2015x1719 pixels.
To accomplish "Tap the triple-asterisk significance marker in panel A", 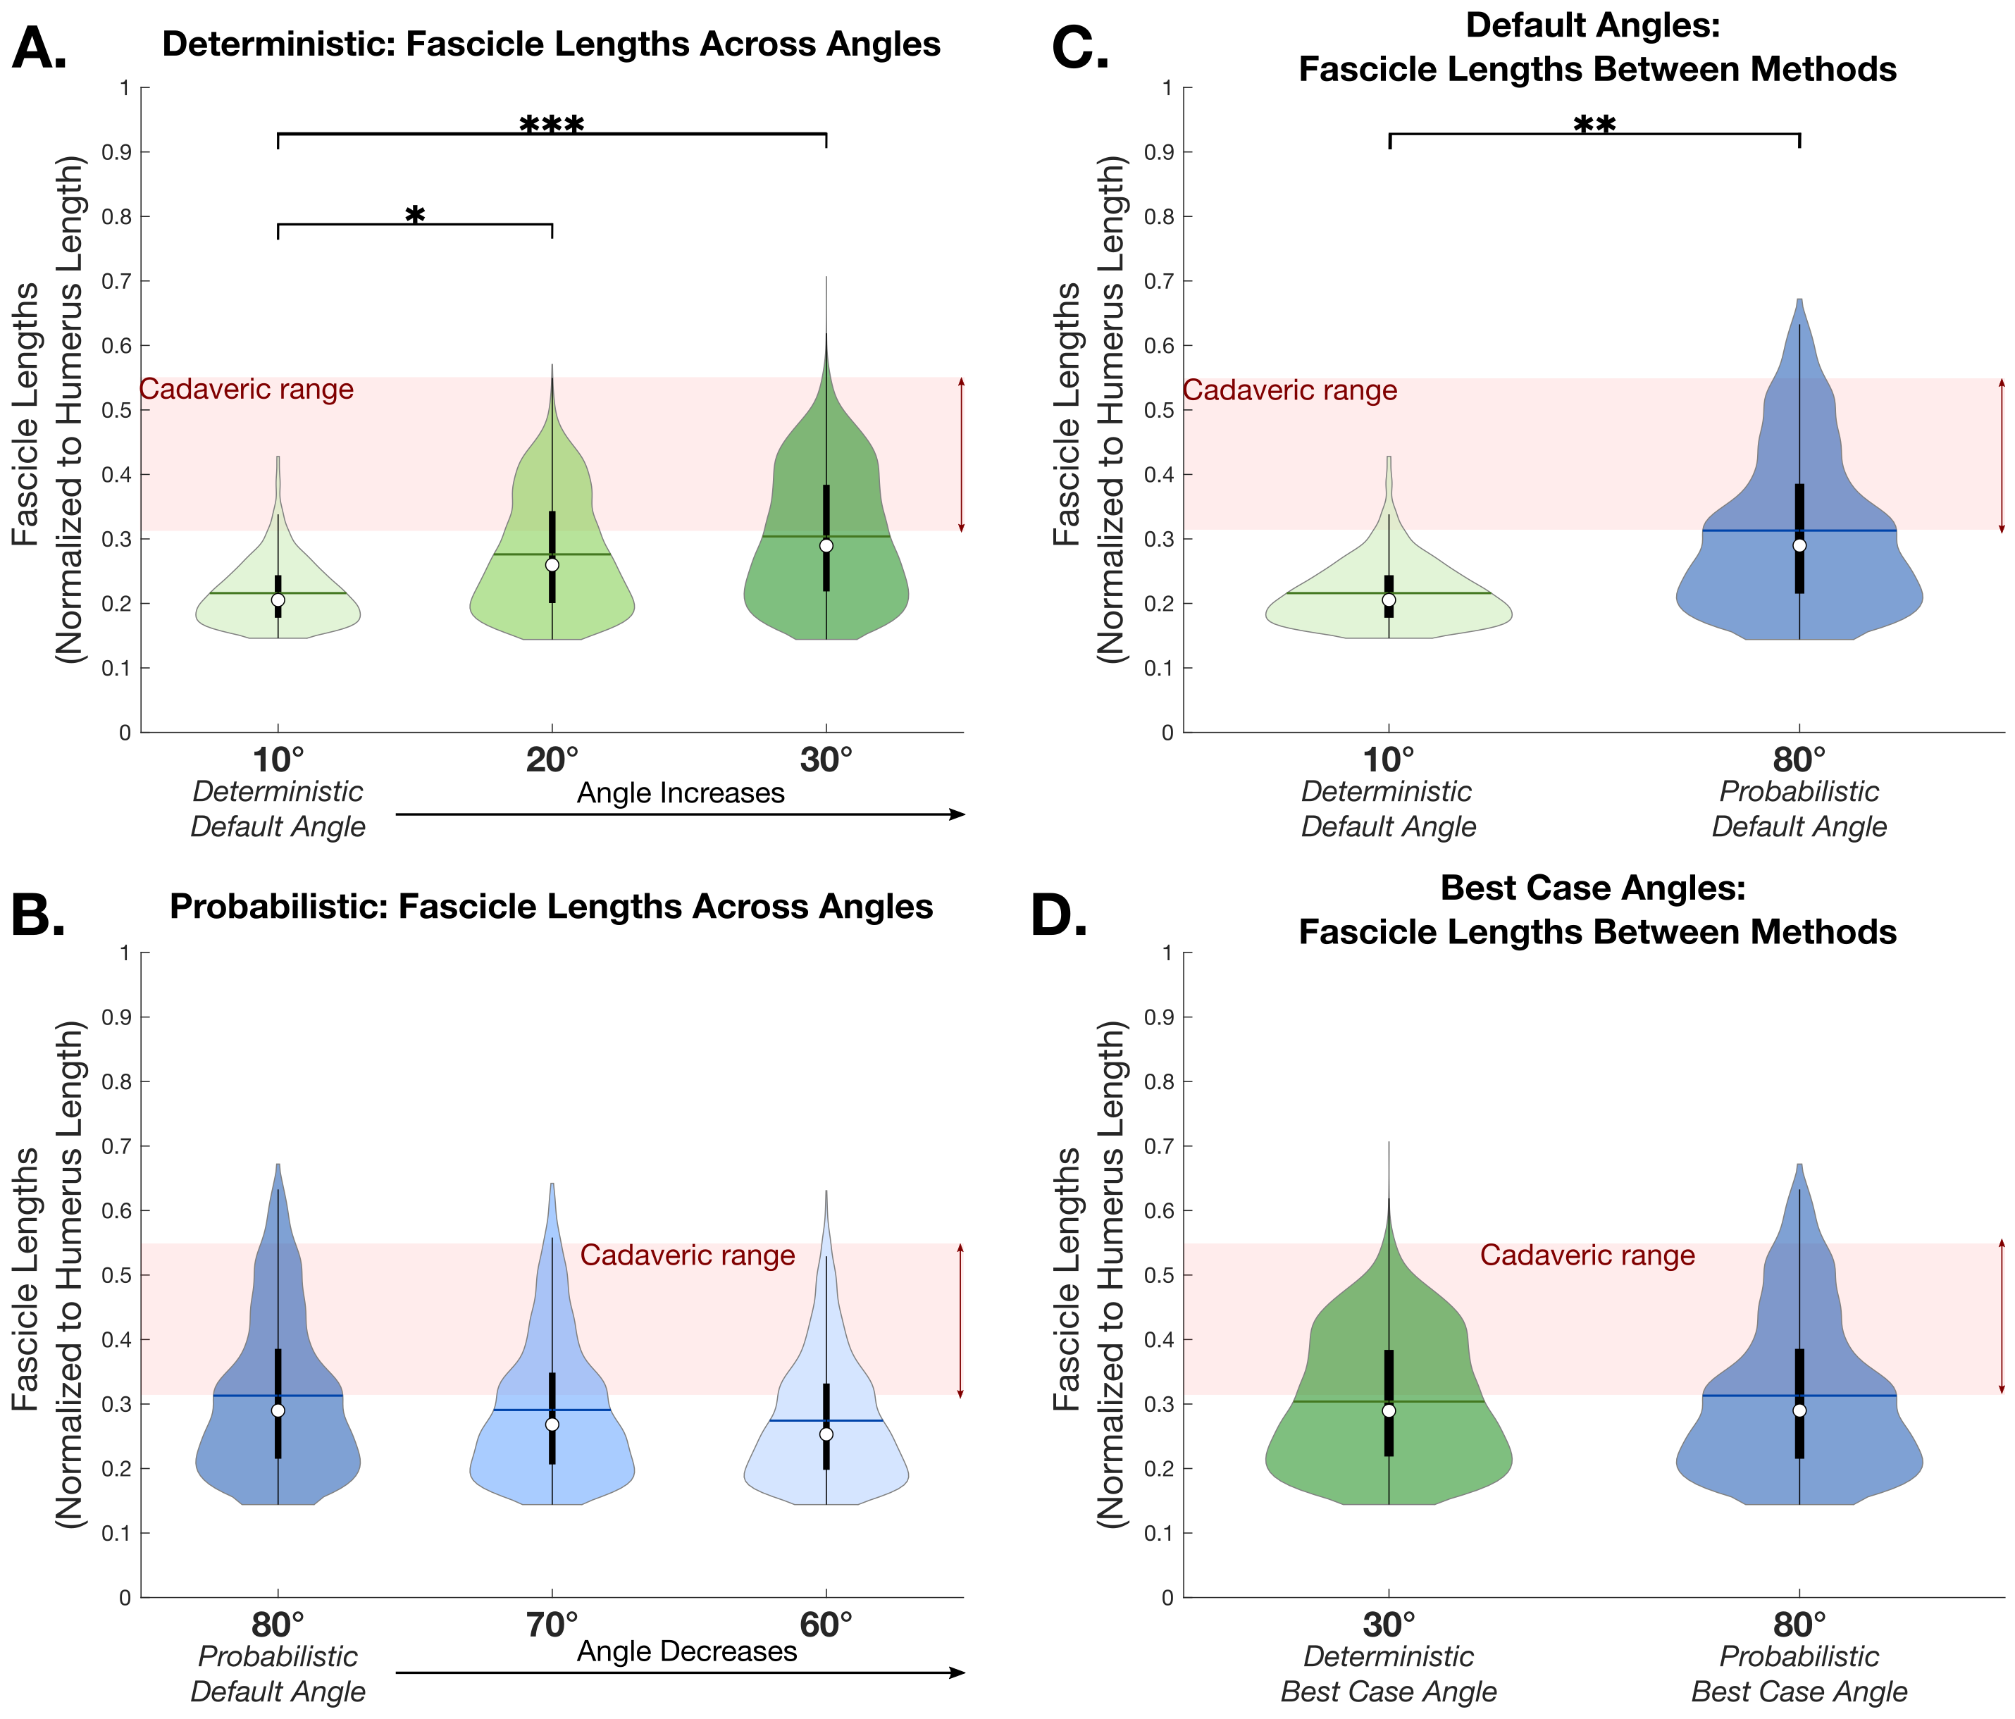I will [x=552, y=125].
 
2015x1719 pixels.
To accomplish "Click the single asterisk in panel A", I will [x=415, y=216].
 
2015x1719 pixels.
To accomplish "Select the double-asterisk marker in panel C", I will [x=1595, y=125].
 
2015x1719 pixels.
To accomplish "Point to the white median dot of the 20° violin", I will [x=552, y=565].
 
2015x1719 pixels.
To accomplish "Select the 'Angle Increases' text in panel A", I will [x=681, y=793].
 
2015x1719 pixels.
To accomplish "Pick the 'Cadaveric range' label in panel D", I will [x=1587, y=1255].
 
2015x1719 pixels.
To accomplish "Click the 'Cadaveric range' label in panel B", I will [x=688, y=1255].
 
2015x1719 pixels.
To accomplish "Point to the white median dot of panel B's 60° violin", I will [x=826, y=1434].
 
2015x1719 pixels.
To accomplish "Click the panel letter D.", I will [x=1059, y=917].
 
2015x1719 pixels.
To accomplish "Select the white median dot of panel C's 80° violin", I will [x=1799, y=545].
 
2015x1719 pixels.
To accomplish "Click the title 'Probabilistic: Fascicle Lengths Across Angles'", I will [x=552, y=906].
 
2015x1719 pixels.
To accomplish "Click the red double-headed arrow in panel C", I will [x=2002, y=455].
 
